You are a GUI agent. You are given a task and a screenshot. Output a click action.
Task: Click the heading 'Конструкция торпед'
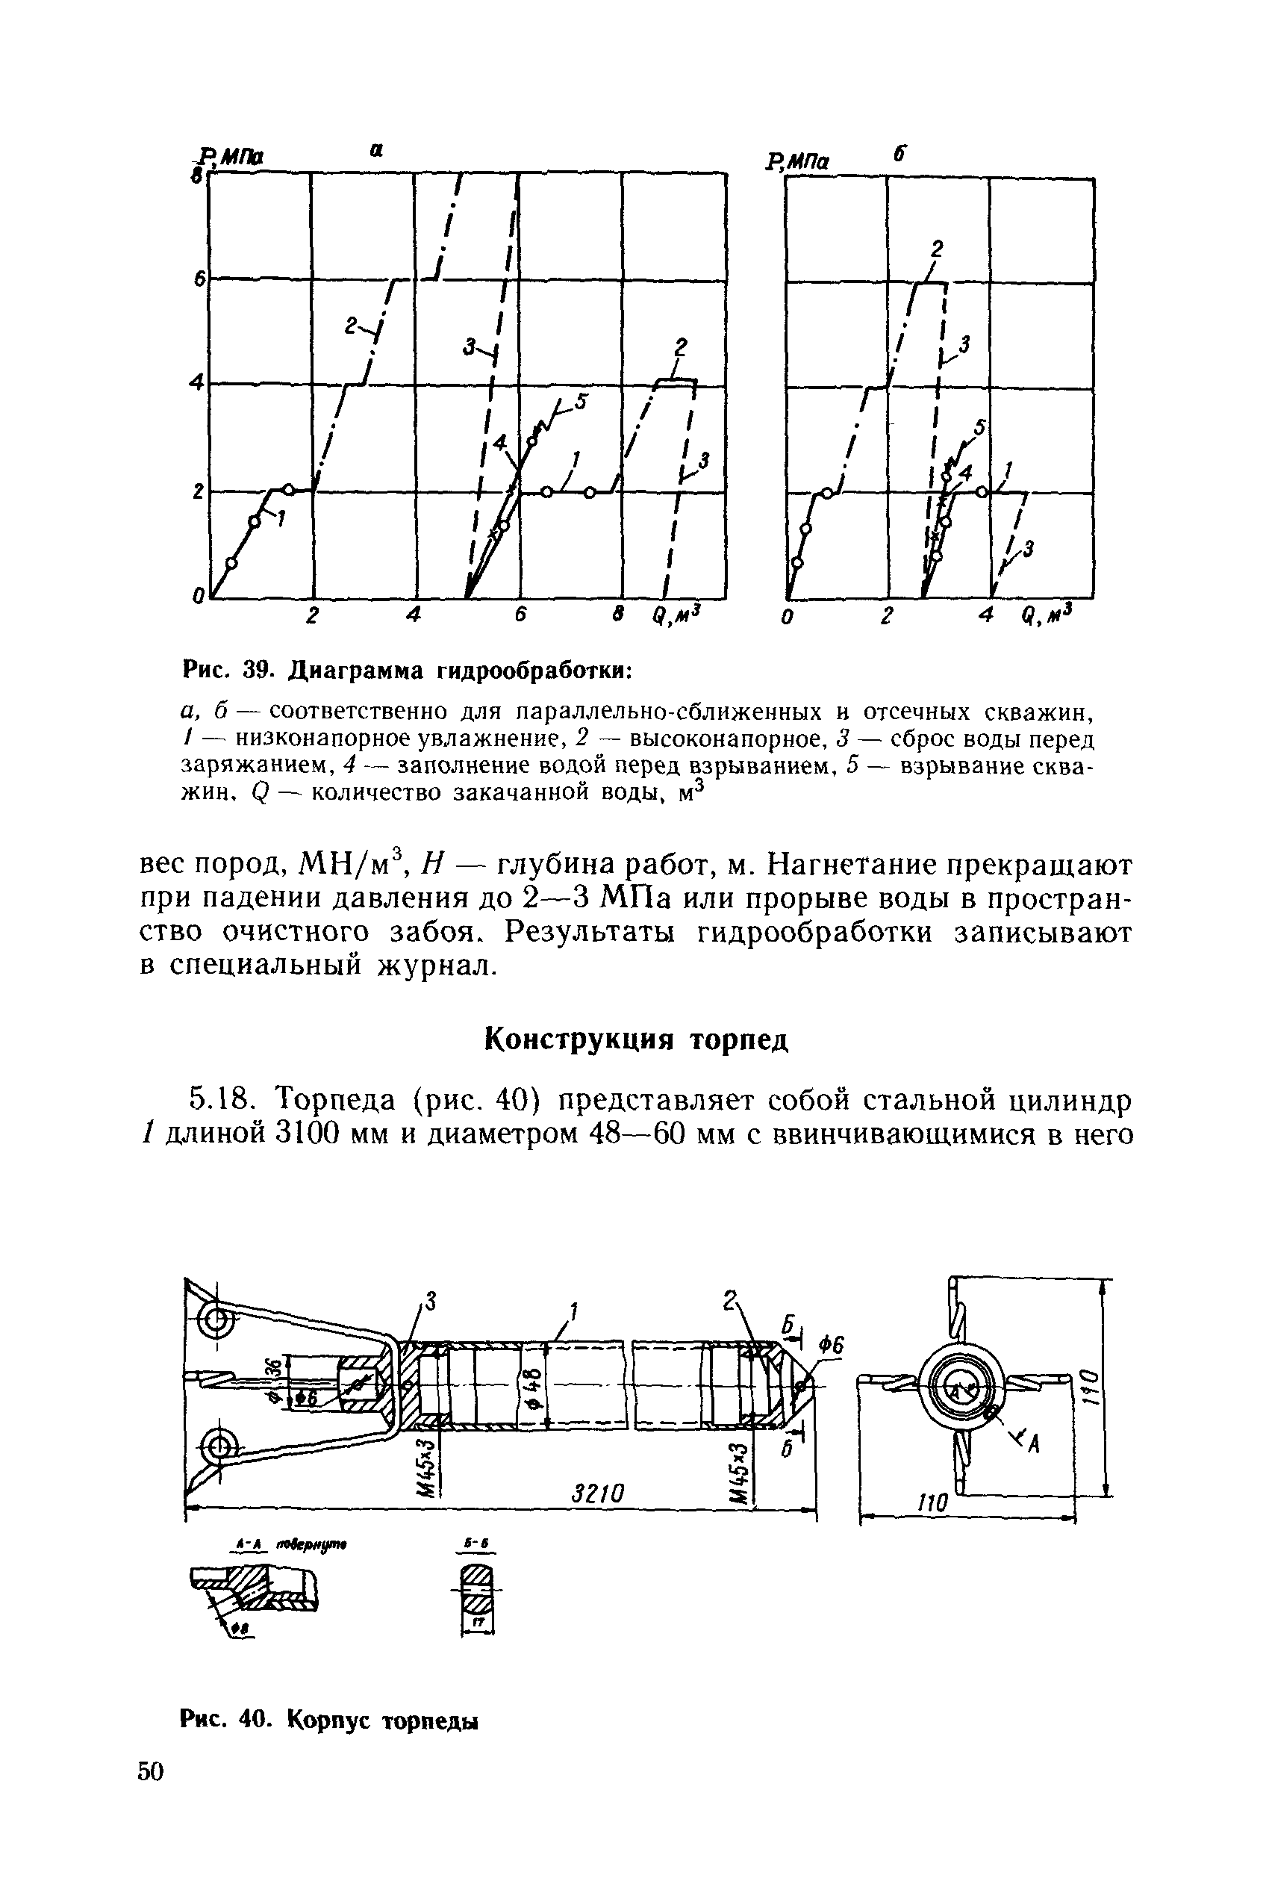(x=635, y=1039)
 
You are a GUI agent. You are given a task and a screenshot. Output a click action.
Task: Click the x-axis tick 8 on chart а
(x=618, y=614)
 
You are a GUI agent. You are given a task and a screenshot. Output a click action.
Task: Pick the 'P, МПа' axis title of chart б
(x=798, y=163)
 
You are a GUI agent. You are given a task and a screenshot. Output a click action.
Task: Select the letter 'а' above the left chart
(x=375, y=151)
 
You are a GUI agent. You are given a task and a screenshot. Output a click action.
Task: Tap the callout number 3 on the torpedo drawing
(x=431, y=1302)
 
